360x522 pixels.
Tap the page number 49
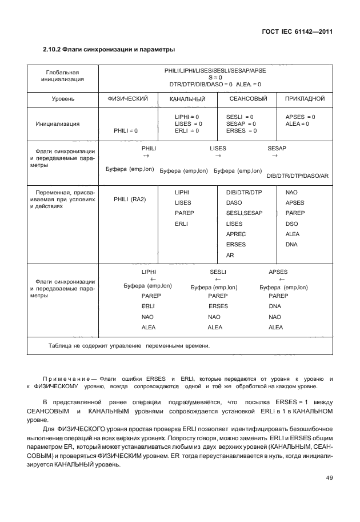pyautogui.click(x=327, y=478)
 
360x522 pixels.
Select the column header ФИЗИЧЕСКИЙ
pyautogui.click(x=127, y=99)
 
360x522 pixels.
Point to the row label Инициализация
pyautogui.click(x=58, y=123)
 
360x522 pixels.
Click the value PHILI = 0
pyautogui.click(x=126, y=131)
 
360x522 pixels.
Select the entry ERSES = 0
pyautogui.click(x=241, y=131)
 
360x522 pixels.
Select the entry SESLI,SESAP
pyautogui.click(x=244, y=213)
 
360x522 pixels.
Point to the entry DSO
pyautogui.click(x=291, y=224)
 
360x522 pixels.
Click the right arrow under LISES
pyautogui.click(x=217, y=156)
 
